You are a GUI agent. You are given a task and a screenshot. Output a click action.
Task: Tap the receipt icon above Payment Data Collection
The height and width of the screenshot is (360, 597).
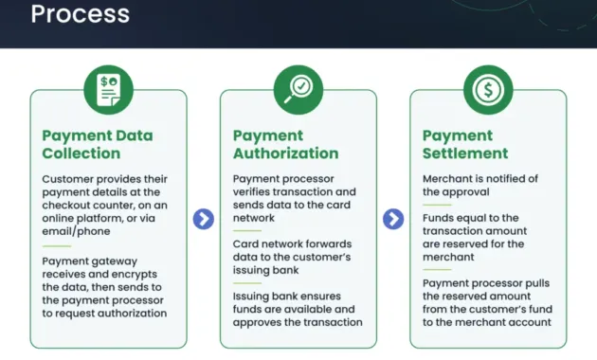point(108,89)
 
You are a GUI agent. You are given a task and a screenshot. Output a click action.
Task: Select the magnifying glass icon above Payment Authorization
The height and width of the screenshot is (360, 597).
point(298,89)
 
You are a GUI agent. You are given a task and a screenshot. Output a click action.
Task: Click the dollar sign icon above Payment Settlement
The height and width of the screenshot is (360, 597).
point(488,89)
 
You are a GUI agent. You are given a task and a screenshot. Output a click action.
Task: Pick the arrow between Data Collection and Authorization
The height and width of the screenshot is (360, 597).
point(204,220)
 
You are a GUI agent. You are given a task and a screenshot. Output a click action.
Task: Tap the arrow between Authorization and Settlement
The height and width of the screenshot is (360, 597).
point(393,220)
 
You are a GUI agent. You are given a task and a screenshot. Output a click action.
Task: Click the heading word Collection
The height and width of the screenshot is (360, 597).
point(81,153)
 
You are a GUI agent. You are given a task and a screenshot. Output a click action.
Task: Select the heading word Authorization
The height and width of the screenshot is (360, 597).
point(285,153)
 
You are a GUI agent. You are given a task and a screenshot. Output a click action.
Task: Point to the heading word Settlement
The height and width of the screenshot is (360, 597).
point(465,153)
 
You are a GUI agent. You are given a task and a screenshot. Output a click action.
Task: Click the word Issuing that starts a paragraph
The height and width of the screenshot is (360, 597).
point(254,295)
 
